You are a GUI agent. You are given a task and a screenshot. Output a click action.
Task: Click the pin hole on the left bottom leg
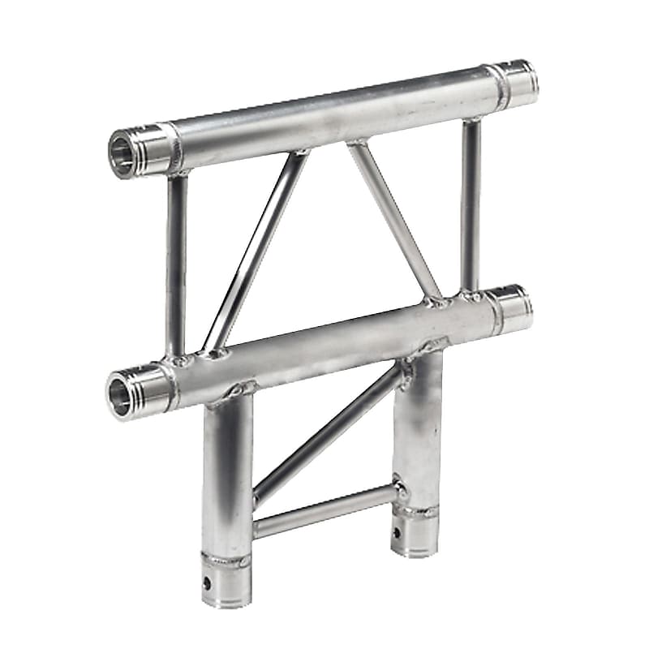click(208, 582)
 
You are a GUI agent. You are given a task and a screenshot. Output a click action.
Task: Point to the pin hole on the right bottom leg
click(398, 533)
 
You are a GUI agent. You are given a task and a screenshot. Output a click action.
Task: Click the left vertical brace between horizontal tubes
click(176, 264)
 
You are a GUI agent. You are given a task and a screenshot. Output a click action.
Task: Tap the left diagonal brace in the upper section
click(256, 251)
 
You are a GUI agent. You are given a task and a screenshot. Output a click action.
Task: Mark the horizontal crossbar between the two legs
click(324, 511)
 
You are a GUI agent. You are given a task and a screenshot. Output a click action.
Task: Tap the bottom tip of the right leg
click(416, 549)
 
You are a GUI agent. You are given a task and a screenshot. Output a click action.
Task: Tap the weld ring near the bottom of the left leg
click(226, 561)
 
